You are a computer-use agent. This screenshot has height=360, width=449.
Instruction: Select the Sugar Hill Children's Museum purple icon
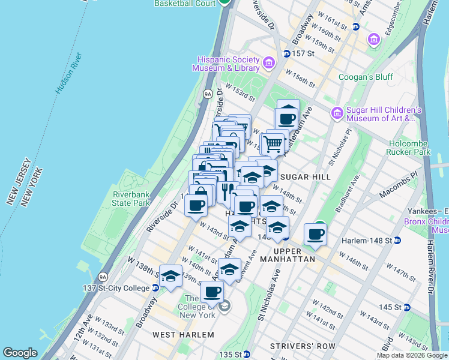coord(337,112)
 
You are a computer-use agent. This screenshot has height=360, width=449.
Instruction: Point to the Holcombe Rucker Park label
coord(417,148)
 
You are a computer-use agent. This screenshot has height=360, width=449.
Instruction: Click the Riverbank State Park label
coord(131,199)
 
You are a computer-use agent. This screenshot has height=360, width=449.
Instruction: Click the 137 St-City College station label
coord(116,288)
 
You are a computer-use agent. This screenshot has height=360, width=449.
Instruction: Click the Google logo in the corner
coord(20,353)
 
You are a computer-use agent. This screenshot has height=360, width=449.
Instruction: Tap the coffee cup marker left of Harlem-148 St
coord(315,234)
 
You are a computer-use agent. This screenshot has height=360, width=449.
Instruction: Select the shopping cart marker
coord(273,143)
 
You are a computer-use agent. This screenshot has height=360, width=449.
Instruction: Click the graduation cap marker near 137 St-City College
coord(171,277)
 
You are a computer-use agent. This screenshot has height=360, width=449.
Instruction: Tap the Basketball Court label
coord(185,4)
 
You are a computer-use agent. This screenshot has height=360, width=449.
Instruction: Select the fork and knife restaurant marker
coord(226,192)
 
